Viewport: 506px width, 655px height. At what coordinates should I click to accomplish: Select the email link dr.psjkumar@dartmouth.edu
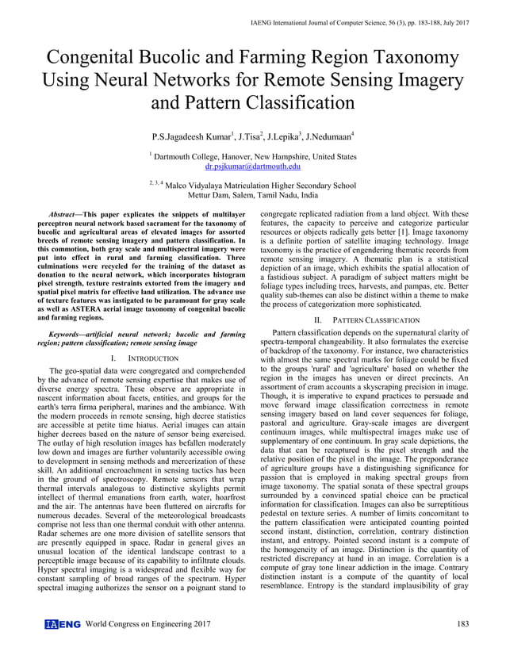(x=252, y=167)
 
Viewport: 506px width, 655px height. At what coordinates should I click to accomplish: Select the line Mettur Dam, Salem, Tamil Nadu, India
(x=252, y=194)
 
